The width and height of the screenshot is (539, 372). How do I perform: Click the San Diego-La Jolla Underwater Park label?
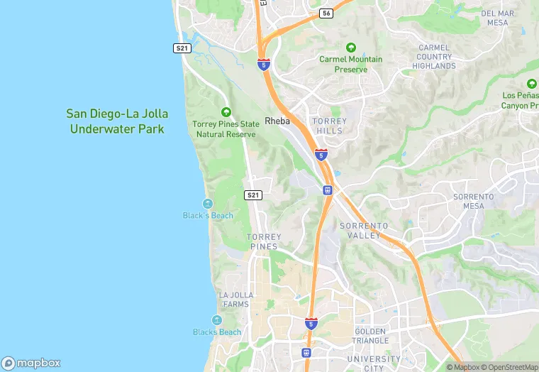pos(116,121)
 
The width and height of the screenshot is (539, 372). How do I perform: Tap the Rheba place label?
pos(277,121)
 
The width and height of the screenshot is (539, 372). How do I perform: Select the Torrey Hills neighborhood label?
pos(330,126)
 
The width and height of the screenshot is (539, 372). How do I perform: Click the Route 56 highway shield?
pos(326,13)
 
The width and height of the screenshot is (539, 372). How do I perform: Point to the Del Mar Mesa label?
pos(497,18)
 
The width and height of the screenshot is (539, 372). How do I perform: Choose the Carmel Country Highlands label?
pos(434,57)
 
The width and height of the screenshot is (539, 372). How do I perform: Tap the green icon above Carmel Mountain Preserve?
pos(350,47)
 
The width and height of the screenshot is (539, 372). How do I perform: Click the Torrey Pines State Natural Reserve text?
pos(226,129)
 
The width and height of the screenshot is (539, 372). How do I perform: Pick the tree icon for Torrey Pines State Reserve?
pos(226,111)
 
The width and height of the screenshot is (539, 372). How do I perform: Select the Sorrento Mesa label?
pos(474,201)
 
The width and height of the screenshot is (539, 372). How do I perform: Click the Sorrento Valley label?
pos(364,230)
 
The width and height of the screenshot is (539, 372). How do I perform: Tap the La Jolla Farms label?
pos(235,300)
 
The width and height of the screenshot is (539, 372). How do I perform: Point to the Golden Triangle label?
pos(370,336)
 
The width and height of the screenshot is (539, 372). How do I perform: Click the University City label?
pos(374,363)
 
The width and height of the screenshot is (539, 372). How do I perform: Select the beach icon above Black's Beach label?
pos(207,204)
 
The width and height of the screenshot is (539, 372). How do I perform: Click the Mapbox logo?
pos(31,363)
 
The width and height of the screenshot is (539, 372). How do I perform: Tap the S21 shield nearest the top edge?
pos(182,48)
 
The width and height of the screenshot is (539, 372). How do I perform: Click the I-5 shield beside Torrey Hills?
pos(321,154)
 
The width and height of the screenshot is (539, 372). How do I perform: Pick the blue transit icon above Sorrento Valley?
pos(327,190)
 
